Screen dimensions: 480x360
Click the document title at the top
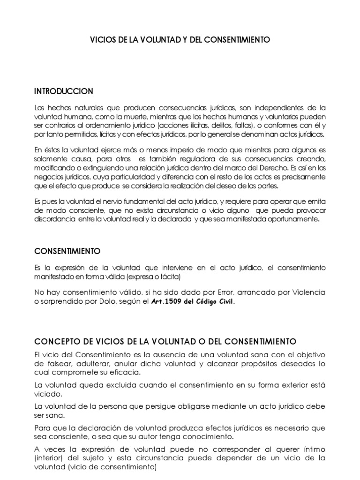coord(180,40)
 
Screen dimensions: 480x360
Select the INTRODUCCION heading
coord(64,91)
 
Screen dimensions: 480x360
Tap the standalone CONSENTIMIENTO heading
coord(67,251)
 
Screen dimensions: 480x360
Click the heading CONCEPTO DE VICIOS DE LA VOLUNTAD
coord(165,341)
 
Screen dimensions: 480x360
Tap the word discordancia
coord(52,219)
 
